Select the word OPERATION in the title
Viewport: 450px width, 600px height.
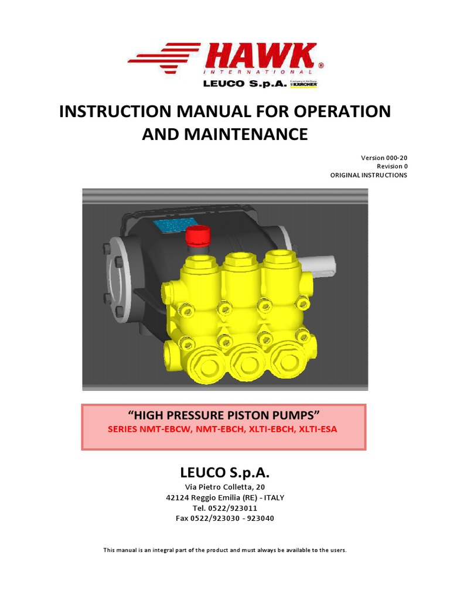click(x=332, y=111)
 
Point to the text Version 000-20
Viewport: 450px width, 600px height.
click(x=384, y=158)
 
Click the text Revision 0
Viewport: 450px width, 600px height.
click(x=392, y=166)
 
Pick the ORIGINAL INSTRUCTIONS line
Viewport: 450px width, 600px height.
click(x=369, y=175)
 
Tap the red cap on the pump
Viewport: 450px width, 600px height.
click(x=197, y=237)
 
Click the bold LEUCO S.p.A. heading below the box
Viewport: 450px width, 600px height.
click(x=224, y=473)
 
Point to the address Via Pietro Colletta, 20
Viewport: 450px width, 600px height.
click(x=224, y=487)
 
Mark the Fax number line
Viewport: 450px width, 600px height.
click(x=224, y=519)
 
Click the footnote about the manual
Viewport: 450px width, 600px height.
click(x=224, y=550)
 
